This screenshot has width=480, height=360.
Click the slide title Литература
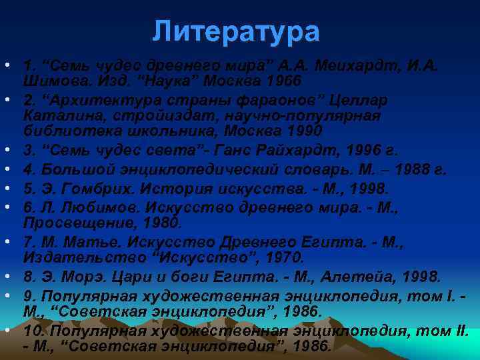coord(236,31)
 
